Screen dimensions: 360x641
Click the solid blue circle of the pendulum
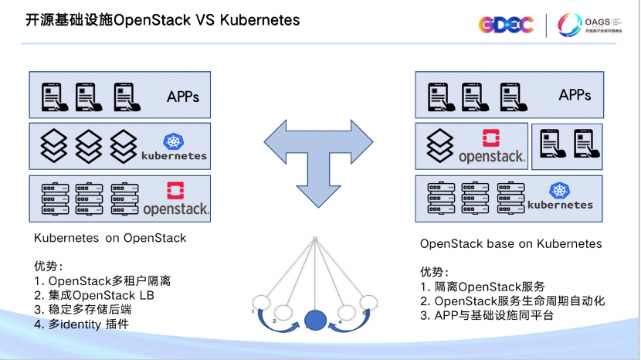tap(315, 319)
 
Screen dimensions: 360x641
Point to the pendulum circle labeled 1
tap(263, 302)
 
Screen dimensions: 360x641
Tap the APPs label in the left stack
tap(183, 97)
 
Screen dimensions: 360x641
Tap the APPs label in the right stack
tap(575, 95)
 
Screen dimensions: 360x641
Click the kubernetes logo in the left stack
tap(174, 147)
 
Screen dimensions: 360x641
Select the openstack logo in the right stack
tap(491, 147)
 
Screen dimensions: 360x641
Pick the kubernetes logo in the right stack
tap(559, 197)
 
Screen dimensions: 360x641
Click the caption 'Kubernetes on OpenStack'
tap(110, 238)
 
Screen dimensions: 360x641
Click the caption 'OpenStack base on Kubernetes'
tap(510, 244)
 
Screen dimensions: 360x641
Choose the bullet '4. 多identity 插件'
tap(81, 324)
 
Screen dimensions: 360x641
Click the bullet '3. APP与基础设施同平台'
tap(489, 315)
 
